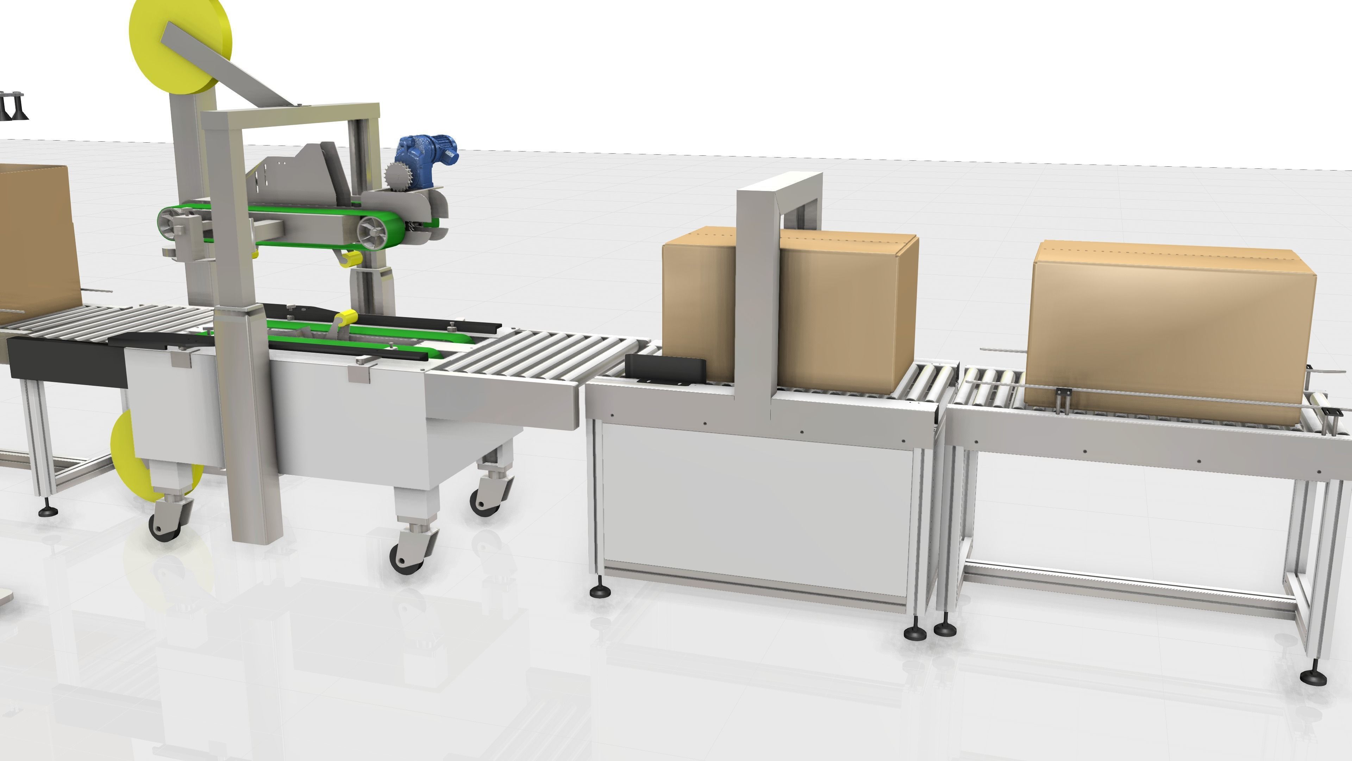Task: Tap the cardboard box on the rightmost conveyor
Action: pos(1170,331)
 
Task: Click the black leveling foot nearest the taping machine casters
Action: pos(600,590)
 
